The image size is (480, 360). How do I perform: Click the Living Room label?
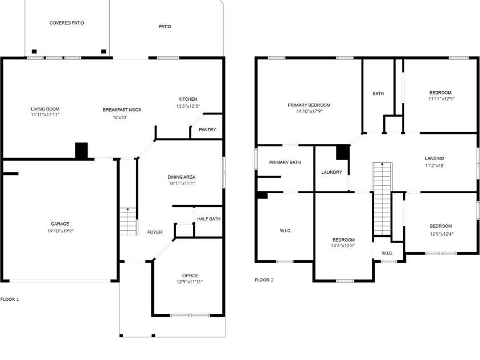(x=45, y=109)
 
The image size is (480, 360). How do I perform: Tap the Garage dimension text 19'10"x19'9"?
(x=60, y=231)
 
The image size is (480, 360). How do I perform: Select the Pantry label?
(x=207, y=129)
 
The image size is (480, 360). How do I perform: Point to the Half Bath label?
(x=208, y=219)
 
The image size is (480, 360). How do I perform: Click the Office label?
(x=190, y=275)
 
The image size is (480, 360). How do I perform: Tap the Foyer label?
(x=155, y=232)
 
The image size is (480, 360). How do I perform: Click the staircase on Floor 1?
(x=129, y=222)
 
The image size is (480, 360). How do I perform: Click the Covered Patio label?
(x=67, y=23)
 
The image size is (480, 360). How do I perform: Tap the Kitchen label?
(x=187, y=99)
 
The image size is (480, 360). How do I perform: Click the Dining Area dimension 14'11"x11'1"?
(x=182, y=183)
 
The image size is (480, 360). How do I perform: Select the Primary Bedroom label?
(x=309, y=105)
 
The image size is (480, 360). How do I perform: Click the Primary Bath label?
(x=285, y=162)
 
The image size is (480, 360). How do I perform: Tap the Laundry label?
(x=331, y=172)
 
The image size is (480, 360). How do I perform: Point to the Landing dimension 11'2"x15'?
(x=434, y=165)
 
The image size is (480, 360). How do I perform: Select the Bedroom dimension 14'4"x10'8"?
(x=343, y=246)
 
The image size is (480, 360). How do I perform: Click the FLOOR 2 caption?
(x=264, y=280)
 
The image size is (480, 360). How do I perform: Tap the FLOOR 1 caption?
(x=10, y=299)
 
